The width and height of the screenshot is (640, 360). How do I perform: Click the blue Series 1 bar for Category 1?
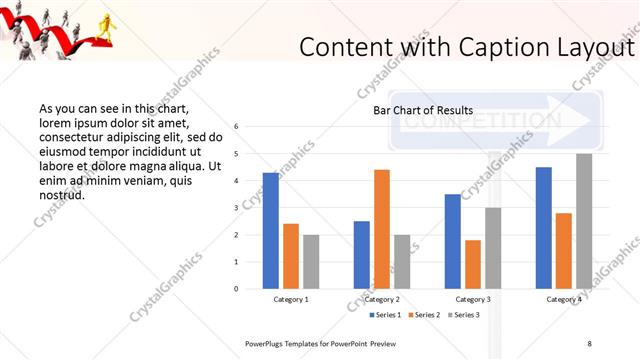pyautogui.click(x=271, y=231)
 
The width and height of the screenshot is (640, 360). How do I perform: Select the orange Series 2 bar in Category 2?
pyautogui.click(x=382, y=229)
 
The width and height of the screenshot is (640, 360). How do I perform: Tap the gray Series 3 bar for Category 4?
pyautogui.click(x=584, y=221)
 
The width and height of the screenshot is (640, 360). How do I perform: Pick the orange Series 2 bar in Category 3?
pyautogui.click(x=473, y=264)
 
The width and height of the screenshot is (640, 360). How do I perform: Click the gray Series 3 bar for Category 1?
pyautogui.click(x=311, y=262)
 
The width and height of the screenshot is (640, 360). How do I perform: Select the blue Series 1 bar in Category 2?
pyautogui.click(x=362, y=255)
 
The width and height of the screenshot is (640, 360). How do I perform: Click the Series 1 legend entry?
pyautogui.click(x=386, y=315)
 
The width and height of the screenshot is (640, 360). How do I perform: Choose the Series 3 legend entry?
pyautogui.click(x=464, y=315)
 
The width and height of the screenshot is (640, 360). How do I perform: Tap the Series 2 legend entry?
pyautogui.click(x=425, y=315)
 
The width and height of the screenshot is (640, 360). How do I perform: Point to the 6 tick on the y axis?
pyautogui.click(x=236, y=127)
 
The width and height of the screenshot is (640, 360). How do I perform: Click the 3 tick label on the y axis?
pyautogui.click(x=236, y=208)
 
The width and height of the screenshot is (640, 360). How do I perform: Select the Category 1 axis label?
pyautogui.click(x=291, y=299)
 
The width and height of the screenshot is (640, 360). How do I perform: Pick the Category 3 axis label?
pyautogui.click(x=473, y=299)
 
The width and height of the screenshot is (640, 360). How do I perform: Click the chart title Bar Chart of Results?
pyautogui.click(x=423, y=110)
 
